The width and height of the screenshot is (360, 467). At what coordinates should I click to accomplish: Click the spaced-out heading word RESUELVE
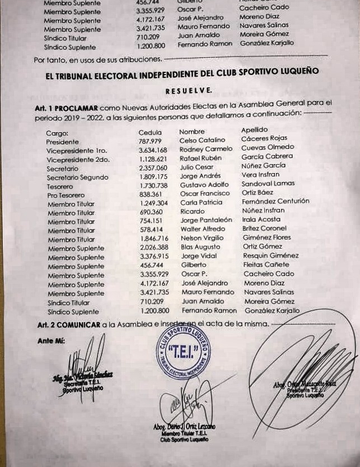189,90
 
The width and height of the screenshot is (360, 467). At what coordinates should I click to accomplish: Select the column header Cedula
149,132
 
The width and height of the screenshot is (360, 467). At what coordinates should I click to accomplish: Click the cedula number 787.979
150,141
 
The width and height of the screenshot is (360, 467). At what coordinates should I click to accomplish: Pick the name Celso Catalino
202,140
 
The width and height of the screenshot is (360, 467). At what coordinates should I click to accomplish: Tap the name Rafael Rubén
200,158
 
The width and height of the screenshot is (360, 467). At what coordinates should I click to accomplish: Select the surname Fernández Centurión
275,201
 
